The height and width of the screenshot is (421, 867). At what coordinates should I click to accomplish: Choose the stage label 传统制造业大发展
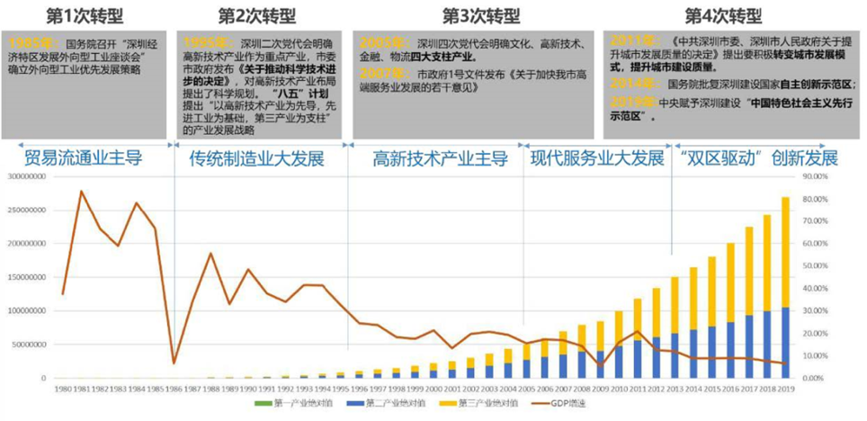[256, 159]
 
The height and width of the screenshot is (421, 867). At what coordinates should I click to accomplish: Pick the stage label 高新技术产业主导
[441, 159]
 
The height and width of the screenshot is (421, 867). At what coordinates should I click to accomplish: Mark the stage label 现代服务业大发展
[597, 159]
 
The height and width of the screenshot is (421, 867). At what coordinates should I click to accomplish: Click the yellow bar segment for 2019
[785, 252]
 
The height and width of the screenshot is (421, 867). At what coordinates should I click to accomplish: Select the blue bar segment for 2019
[785, 343]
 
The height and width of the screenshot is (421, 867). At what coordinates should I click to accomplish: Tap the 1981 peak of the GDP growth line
[81, 191]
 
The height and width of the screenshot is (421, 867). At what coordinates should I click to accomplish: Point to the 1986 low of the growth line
[174, 363]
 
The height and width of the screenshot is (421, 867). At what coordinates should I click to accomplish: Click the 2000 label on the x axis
[433, 389]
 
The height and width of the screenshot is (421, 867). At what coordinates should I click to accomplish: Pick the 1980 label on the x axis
[62, 389]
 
